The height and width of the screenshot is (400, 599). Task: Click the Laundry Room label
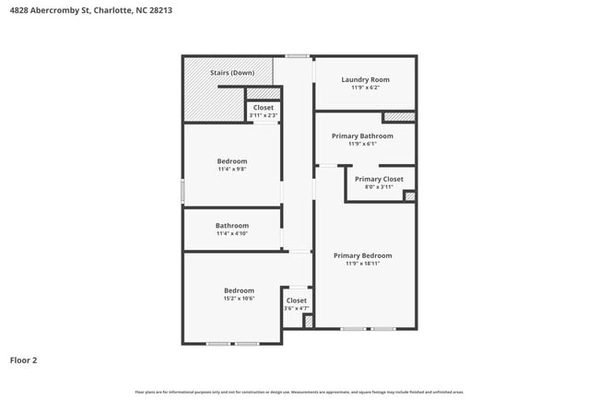tap(365, 79)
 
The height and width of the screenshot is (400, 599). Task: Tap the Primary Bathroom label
tap(362, 135)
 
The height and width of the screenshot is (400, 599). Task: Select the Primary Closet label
tap(379, 179)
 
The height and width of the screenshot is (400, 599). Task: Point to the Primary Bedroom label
tap(362, 255)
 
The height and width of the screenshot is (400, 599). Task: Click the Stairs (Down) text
tap(232, 72)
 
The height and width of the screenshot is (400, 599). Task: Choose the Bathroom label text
tap(232, 226)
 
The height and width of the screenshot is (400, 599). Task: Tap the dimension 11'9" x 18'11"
tap(362, 264)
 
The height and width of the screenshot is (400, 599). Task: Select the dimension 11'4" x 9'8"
tap(232, 170)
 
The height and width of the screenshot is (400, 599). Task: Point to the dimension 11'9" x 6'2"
tap(365, 88)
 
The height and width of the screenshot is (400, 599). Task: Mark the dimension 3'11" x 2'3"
tap(264, 115)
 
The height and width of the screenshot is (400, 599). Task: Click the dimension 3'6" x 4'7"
tap(297, 308)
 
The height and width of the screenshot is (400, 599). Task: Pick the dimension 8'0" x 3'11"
tap(379, 187)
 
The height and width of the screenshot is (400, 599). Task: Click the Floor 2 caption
tap(23, 360)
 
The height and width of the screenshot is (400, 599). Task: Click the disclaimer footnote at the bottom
tap(299, 392)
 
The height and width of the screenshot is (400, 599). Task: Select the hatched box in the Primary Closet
tap(410, 195)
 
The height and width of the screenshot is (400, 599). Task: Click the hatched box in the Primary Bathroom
tap(398, 116)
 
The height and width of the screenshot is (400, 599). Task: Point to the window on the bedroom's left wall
tap(182, 191)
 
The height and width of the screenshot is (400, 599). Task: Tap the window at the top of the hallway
tap(296, 56)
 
